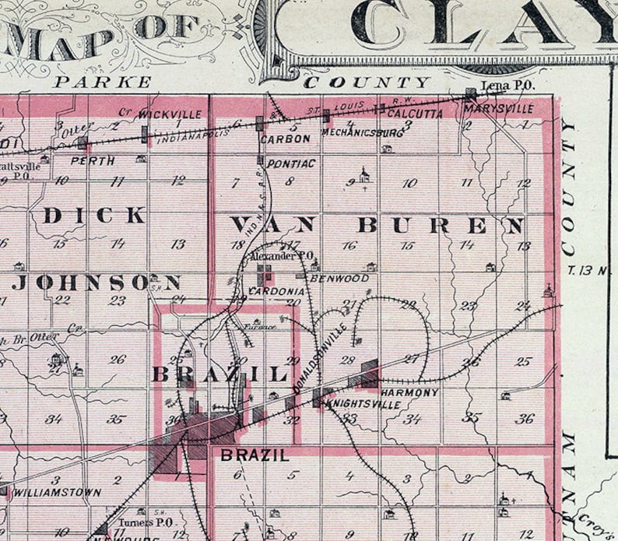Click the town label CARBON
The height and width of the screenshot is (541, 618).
pos(286,139)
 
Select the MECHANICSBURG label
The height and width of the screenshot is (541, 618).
pos(352,133)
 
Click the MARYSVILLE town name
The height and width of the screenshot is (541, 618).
pos(498,109)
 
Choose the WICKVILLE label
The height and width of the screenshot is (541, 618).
pos(170,114)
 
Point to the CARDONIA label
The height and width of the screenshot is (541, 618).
pos(276,291)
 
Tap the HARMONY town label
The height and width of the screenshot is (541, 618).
pos(410,392)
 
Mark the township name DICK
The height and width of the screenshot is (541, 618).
pos(94,216)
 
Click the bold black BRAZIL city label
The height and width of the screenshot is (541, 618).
pos(255,455)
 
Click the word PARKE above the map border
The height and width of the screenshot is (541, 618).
pos(103,82)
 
